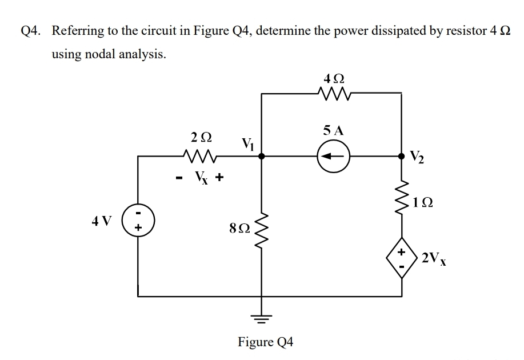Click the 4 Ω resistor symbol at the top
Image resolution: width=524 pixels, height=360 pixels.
333,94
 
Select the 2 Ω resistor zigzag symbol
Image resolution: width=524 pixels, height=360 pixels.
200,154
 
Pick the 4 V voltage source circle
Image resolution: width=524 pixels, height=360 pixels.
138,220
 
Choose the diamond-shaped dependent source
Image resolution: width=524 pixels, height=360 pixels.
401,258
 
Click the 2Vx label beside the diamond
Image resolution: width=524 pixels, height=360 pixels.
434,258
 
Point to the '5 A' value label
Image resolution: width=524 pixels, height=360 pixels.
333,130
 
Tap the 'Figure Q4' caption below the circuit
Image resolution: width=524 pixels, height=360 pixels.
265,342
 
